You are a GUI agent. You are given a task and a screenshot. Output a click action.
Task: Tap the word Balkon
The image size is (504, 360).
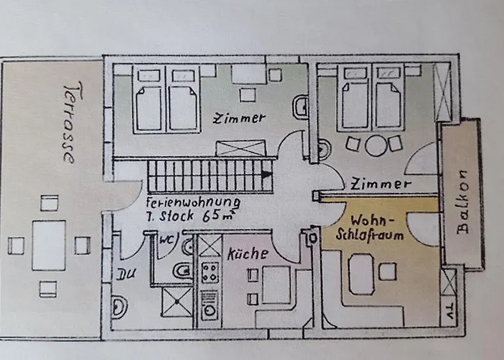[463, 202]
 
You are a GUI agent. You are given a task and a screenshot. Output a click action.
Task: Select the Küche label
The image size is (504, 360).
[248, 253]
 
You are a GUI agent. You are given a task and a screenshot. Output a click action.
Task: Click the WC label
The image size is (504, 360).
[166, 240]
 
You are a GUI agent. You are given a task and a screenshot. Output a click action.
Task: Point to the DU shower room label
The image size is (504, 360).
[126, 274]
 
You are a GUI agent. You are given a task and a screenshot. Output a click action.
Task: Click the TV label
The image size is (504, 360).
[449, 310]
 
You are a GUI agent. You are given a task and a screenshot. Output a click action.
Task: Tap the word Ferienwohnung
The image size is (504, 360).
[193, 202]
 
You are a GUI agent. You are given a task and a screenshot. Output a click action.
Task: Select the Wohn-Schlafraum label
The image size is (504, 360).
[370, 228]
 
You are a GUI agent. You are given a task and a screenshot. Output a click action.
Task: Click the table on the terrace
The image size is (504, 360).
[49, 246]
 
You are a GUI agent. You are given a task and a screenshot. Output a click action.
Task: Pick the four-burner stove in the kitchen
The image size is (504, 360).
[210, 273]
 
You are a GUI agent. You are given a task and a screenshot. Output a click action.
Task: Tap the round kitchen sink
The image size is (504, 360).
[210, 310]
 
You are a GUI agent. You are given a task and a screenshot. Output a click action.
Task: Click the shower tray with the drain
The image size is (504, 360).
[177, 302]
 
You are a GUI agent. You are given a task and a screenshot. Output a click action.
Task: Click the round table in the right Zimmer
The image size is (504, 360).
[376, 145]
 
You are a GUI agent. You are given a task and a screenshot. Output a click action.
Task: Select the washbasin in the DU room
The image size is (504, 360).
[119, 307]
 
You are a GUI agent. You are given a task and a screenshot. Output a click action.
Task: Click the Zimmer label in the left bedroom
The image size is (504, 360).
[240, 118]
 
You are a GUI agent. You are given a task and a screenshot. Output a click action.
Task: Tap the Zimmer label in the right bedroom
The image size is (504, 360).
[381, 184]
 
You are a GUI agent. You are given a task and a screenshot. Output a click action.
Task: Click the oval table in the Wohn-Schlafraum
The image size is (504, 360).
[361, 274]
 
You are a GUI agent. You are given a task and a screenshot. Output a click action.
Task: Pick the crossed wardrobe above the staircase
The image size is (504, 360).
[240, 148]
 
